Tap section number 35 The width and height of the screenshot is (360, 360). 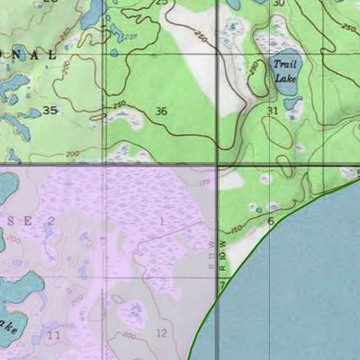(x=49, y=111)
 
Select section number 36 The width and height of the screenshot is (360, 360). (x=161, y=111)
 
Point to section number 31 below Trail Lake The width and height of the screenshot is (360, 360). (x=273, y=111)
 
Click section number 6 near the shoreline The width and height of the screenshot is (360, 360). (x=270, y=220)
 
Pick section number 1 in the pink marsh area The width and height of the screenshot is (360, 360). (x=162, y=220)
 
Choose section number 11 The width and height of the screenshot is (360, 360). (x=54, y=335)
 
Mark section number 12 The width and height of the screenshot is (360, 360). (x=161, y=334)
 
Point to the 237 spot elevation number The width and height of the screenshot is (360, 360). (x=130, y=37)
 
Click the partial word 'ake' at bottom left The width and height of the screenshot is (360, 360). (x=7, y=324)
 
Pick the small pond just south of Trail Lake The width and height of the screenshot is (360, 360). (x=292, y=103)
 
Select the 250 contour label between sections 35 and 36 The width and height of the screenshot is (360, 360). (x=119, y=105)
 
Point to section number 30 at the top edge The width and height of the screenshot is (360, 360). (x=278, y=4)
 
